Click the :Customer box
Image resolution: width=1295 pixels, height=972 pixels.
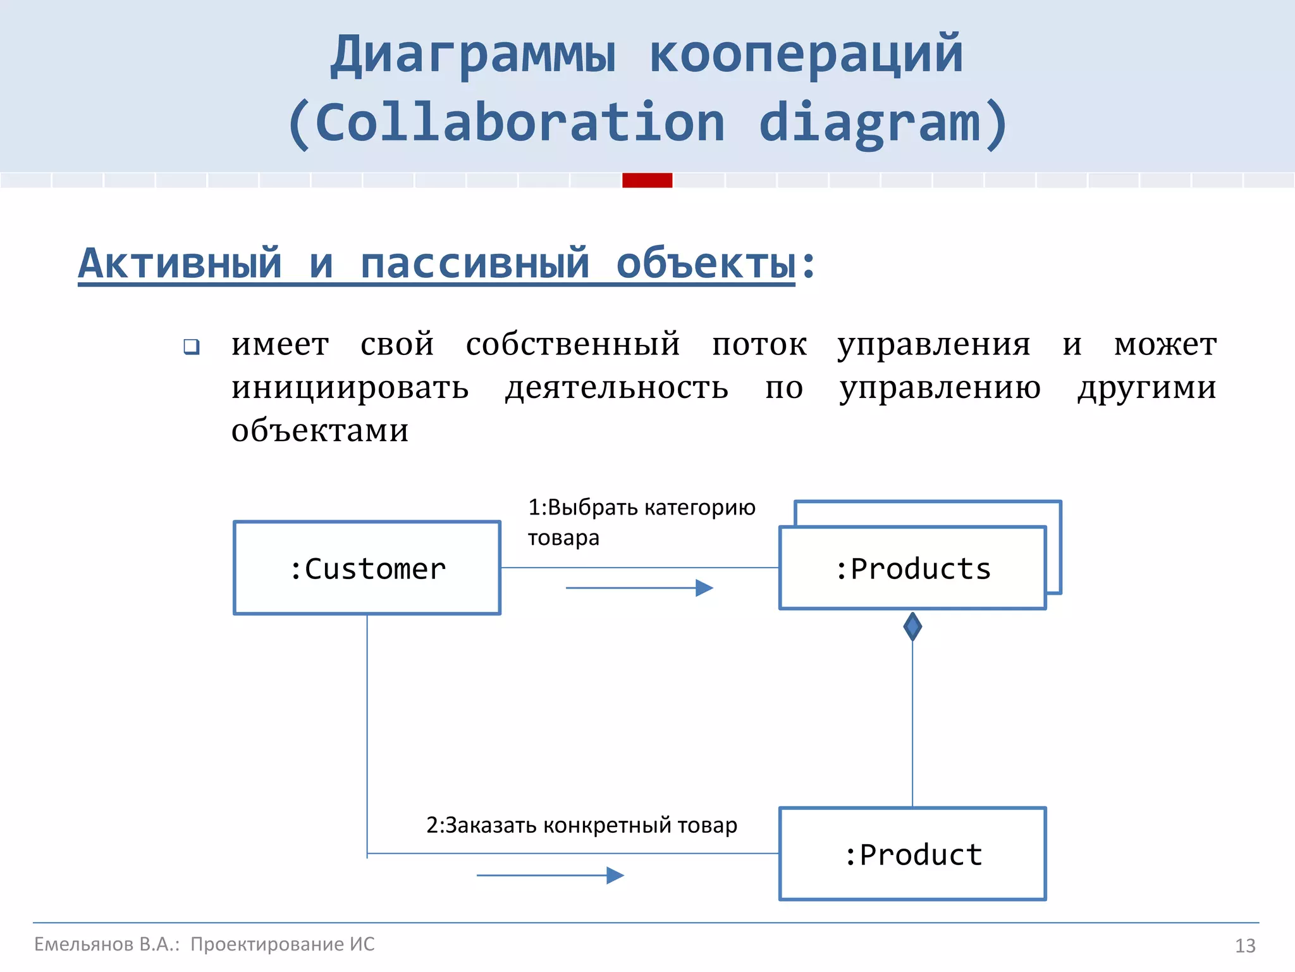point(367,568)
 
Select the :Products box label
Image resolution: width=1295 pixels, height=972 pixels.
point(912,569)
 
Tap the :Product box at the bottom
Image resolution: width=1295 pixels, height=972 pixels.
point(912,854)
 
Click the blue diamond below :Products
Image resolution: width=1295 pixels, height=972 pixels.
point(912,626)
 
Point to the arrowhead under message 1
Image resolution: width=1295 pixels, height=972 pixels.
point(704,588)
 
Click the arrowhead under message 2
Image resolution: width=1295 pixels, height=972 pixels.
point(615,875)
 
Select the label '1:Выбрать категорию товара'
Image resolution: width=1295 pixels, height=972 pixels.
point(641,522)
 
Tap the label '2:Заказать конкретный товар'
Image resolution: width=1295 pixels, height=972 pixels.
point(581,825)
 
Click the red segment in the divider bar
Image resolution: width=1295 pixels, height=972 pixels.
point(647,180)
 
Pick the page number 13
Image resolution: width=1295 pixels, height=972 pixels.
point(1245,945)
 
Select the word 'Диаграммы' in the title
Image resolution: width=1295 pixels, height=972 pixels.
point(473,55)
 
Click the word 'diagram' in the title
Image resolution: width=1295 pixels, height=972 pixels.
point(869,123)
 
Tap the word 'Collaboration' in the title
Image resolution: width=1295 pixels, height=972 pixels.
point(519,123)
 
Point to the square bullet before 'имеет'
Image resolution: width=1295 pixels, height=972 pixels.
point(192,347)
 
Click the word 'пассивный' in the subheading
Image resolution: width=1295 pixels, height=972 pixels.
point(474,264)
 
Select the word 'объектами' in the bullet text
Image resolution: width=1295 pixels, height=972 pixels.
point(320,430)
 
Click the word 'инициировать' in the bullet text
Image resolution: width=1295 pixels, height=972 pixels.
point(350,387)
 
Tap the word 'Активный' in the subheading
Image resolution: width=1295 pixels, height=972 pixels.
point(180,264)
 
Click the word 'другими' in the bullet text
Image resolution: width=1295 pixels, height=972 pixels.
point(1146,387)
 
